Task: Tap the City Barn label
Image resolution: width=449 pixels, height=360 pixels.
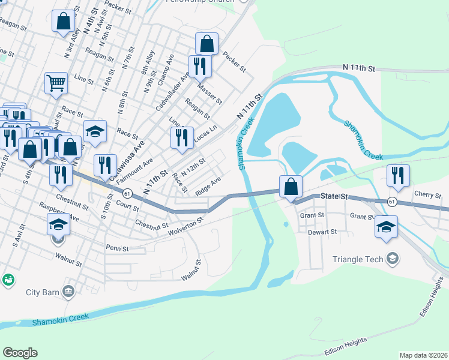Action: coord(41,292)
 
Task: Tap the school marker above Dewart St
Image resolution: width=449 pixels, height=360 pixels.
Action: coord(386,226)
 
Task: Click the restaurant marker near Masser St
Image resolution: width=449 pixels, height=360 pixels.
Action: coord(200,65)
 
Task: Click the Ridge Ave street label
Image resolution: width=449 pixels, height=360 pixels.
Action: coord(208,186)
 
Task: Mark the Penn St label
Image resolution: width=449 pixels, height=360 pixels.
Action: coord(113,247)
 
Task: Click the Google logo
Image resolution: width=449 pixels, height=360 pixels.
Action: coord(20,352)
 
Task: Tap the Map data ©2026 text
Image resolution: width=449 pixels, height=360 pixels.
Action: coord(423,355)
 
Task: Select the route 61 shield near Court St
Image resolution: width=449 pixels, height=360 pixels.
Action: coord(127,193)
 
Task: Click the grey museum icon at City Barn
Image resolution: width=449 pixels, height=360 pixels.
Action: coord(69,292)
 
